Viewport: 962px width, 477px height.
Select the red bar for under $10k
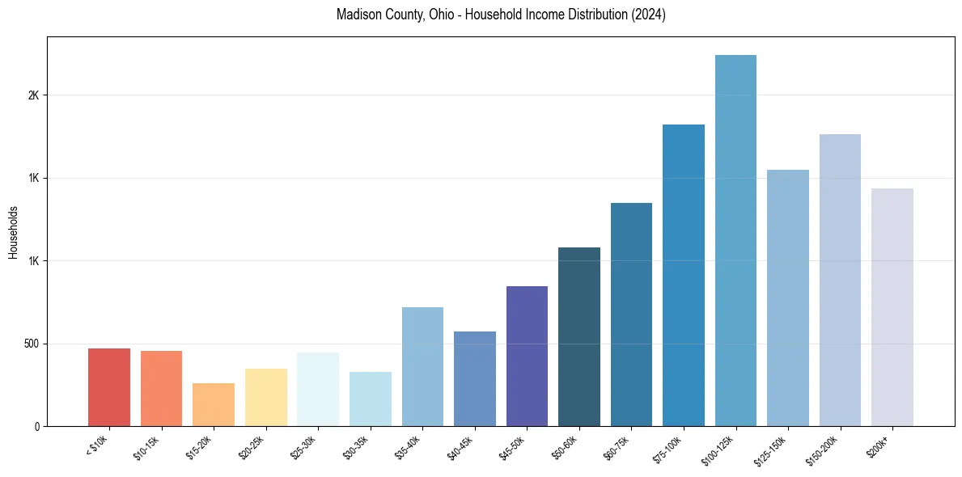point(109,387)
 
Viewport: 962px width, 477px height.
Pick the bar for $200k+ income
point(892,307)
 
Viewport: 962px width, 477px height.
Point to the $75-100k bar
point(684,275)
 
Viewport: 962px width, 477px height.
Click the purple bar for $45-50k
point(527,356)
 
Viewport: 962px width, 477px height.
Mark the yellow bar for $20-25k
point(266,397)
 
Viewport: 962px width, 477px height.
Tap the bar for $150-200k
point(840,280)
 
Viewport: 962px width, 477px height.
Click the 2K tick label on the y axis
point(33,95)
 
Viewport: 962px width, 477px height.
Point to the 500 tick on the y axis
point(31,344)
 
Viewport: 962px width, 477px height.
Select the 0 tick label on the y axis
point(36,426)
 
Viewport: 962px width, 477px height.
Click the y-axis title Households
point(13,232)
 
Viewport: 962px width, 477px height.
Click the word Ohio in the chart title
point(419,15)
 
